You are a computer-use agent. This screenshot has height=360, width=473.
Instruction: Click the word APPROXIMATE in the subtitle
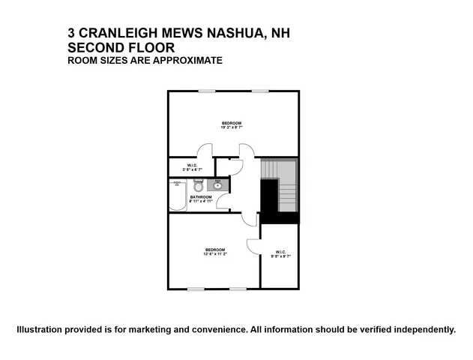tap(188, 60)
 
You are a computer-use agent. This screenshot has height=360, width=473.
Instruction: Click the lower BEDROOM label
tap(215, 249)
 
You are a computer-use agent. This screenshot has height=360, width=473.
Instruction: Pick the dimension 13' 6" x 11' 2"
tap(215, 254)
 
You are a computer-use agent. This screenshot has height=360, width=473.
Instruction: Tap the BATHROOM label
tap(200, 196)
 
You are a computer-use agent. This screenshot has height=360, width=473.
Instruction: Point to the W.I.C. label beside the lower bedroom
tap(280, 251)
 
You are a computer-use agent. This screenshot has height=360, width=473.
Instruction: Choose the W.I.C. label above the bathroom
tap(192, 166)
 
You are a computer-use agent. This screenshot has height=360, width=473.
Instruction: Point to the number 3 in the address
tap(71, 33)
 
